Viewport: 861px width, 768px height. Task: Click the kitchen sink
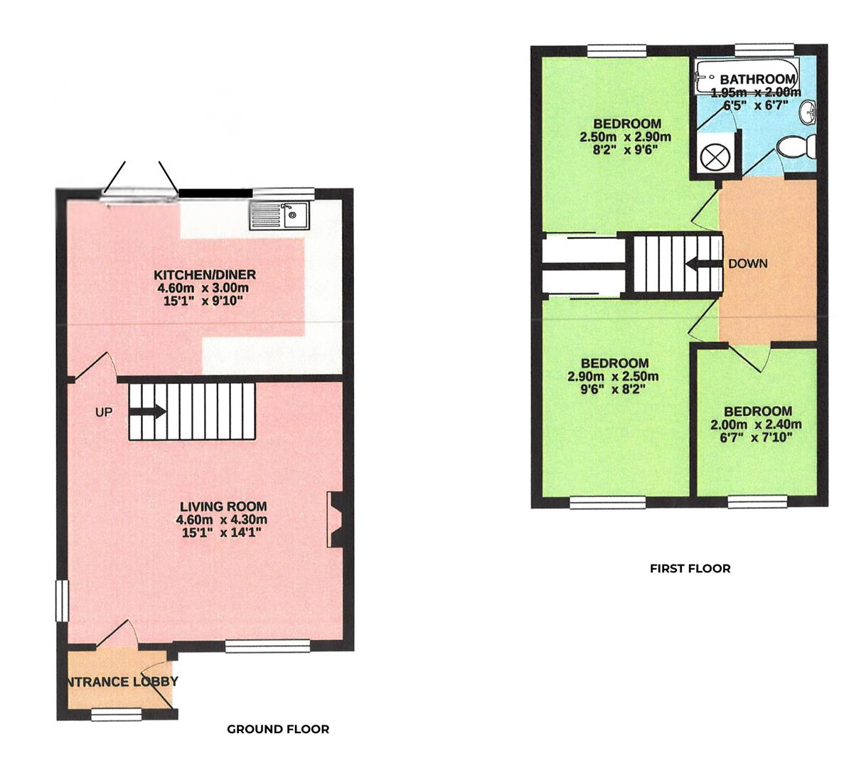pos(279,215)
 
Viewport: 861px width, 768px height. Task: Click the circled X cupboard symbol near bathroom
pos(713,156)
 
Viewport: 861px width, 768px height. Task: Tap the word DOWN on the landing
pos(748,264)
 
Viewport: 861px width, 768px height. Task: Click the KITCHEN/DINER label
pos(205,275)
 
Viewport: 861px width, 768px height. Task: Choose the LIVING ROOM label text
pos(223,506)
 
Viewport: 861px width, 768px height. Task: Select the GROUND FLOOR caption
pos(278,729)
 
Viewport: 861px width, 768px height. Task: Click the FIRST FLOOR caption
pos(690,568)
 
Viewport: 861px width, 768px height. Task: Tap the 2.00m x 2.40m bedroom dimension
pos(756,425)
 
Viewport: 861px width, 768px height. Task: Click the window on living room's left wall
pos(62,602)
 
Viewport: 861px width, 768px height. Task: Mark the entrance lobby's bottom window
pos(115,714)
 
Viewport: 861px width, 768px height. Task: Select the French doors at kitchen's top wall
pos(141,193)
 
